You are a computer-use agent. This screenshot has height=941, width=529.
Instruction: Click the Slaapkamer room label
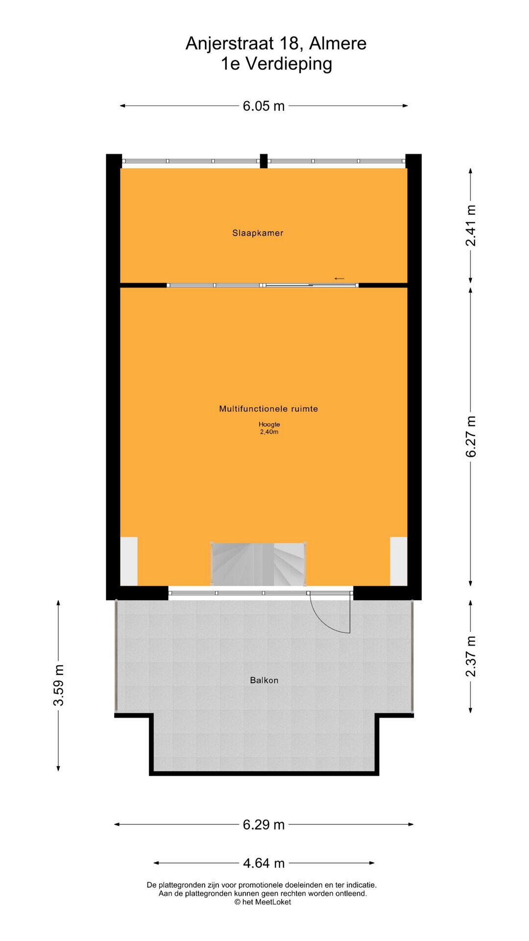[258, 233]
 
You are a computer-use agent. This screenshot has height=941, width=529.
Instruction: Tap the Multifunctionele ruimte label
[268, 409]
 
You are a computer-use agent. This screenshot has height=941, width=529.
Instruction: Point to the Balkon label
[264, 680]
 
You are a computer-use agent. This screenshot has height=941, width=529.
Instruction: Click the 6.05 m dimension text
[264, 106]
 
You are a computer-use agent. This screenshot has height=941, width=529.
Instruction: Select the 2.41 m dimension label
[471, 225]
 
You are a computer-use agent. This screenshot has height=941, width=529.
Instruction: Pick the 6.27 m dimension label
[471, 437]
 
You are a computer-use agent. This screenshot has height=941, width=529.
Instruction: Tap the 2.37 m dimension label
[471, 656]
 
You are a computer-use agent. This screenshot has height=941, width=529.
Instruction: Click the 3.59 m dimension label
[58, 685]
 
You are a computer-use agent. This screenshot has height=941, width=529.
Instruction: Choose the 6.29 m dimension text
[264, 824]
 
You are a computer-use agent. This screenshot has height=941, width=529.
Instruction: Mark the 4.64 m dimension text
[264, 863]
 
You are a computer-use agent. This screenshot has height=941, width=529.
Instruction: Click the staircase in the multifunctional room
[258, 564]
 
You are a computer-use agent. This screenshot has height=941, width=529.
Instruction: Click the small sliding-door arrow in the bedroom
[339, 279]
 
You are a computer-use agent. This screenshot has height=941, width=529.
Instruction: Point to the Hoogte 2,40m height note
[269, 428]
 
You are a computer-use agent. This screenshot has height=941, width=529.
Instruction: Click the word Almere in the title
[338, 44]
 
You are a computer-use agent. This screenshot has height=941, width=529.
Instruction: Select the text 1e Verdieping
[276, 64]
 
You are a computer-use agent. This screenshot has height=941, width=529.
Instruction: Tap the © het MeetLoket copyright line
[263, 902]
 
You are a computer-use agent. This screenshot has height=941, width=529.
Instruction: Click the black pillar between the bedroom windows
[264, 161]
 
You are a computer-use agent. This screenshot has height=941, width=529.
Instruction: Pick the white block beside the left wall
[129, 561]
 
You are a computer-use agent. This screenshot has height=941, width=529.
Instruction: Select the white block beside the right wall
[399, 561]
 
